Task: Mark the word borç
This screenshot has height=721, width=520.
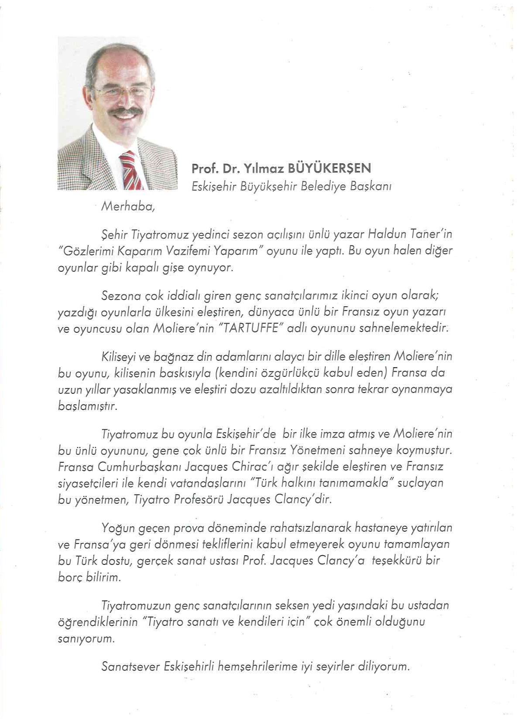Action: [70, 577]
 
